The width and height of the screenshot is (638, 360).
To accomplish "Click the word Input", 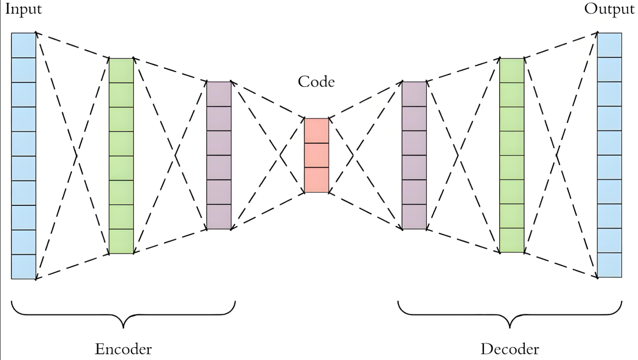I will coord(23,9).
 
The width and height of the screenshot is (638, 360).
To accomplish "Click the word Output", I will coord(609,9).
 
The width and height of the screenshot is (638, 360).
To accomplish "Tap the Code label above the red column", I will coord(316,82).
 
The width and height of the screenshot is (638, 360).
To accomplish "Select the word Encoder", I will coord(123,350).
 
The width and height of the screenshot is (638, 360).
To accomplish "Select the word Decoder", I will coord(510,350).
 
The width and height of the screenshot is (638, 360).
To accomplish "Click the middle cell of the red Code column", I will coord(316,156).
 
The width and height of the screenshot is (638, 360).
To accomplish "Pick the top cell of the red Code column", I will coord(316,130).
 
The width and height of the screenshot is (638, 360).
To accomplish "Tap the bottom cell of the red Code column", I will coord(316,180).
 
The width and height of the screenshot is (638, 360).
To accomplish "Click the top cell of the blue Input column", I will coord(24,45).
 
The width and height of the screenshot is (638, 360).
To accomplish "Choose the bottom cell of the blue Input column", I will coord(24,267).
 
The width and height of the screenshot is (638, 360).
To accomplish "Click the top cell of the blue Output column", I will coord(609,45).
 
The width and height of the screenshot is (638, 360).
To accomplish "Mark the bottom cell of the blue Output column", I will coord(609,265).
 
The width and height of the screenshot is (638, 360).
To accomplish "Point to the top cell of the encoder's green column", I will coord(121,70).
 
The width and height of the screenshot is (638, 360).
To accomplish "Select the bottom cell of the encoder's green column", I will coord(121,241).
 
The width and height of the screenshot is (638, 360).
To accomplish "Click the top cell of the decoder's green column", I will coord(512,70).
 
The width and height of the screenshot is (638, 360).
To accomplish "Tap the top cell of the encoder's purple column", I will coord(219,93).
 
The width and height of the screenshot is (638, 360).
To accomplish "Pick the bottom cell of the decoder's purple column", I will coord(414,217).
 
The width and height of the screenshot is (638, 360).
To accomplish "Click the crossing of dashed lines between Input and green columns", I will coord(76,155).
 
